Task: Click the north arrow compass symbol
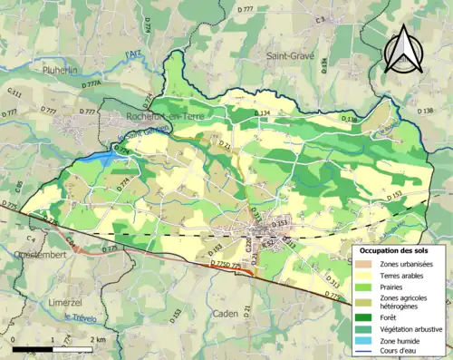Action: coord(401,48)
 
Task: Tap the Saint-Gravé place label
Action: coord(290,55)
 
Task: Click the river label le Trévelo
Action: coord(81,316)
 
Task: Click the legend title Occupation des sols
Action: coord(395,249)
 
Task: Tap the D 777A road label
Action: coord(90,84)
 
